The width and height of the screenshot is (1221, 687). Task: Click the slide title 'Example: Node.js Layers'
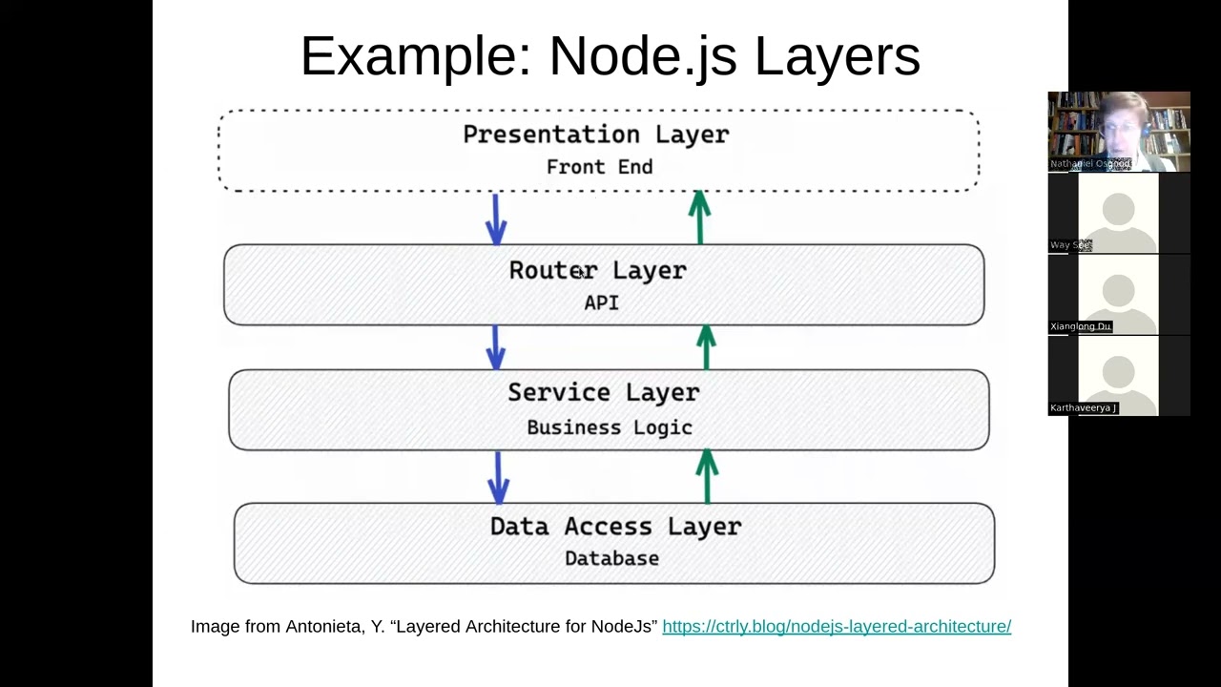tap(610, 56)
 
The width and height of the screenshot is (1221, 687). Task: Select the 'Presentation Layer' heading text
tap(596, 135)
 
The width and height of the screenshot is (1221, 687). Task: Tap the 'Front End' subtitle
tap(599, 167)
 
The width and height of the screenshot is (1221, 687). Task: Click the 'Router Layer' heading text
tap(597, 271)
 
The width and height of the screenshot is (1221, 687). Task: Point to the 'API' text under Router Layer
tap(601, 302)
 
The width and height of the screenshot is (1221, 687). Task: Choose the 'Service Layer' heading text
tap(603, 392)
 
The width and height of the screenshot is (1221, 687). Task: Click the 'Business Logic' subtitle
tap(609, 427)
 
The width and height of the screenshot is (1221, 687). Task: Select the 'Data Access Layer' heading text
tap(615, 526)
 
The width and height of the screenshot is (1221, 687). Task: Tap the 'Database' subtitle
tap(611, 558)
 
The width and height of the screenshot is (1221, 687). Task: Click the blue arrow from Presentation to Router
tap(495, 219)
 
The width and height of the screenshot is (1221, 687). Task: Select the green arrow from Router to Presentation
tap(699, 217)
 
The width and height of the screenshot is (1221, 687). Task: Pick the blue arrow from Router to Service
tap(495, 346)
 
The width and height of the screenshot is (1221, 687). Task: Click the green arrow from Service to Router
tap(706, 346)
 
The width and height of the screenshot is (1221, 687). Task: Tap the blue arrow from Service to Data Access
tap(498, 476)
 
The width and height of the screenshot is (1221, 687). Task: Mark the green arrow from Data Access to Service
tap(707, 476)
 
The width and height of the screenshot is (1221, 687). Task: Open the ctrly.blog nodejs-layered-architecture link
tap(836, 626)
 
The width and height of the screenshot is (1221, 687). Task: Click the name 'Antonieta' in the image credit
tap(321, 626)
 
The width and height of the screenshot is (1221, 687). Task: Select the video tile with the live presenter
tap(1118, 132)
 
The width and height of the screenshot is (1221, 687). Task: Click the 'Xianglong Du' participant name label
tap(1081, 326)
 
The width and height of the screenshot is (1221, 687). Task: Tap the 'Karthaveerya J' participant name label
tap(1083, 407)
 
